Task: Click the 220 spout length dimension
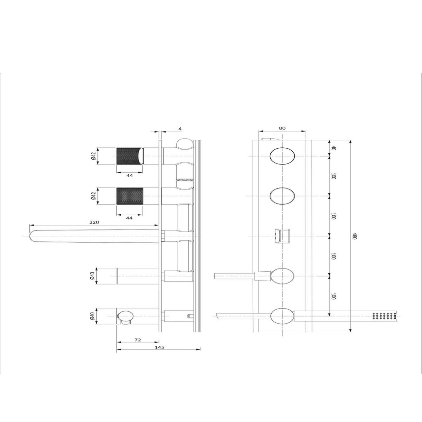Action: click(94, 222)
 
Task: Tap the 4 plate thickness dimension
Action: click(180, 129)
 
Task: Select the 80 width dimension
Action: click(282, 128)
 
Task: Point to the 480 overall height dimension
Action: click(355, 236)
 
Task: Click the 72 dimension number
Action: click(138, 340)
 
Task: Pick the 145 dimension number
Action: click(159, 347)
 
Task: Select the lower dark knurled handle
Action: click(130, 196)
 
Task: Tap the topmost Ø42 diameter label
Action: click(94, 156)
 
